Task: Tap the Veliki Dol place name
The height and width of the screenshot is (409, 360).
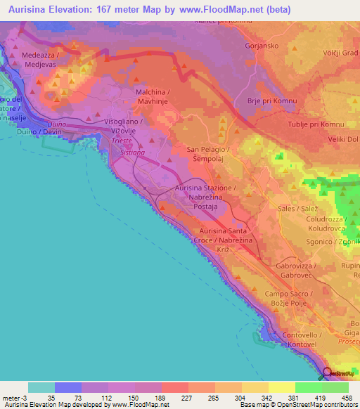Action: pyautogui.click(x=341, y=139)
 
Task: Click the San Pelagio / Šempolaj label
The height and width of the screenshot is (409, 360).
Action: pyautogui.click(x=207, y=155)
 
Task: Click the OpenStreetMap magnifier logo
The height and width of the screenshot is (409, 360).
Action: pyautogui.click(x=328, y=375)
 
